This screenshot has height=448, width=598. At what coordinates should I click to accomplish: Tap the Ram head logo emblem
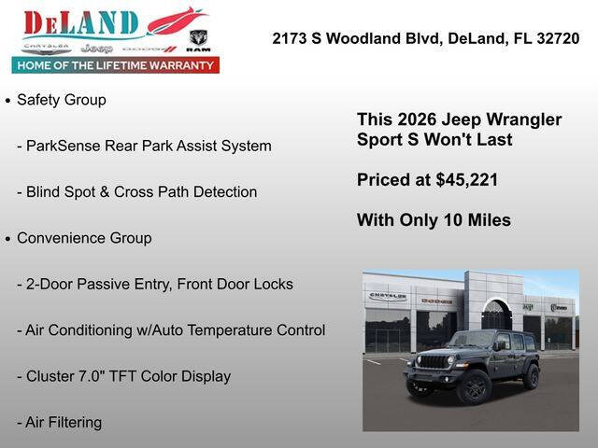[x=198, y=38]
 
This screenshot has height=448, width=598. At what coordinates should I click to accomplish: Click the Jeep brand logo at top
[x=95, y=48]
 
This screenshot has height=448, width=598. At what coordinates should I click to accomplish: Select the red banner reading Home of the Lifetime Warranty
[x=115, y=65]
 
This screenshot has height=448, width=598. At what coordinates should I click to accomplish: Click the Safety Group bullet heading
[x=62, y=100]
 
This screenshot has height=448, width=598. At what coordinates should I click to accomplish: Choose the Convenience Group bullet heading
[x=84, y=238]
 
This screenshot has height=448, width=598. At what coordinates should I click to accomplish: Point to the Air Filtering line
[x=64, y=422]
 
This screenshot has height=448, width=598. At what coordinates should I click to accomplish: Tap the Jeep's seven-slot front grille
[x=433, y=361]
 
